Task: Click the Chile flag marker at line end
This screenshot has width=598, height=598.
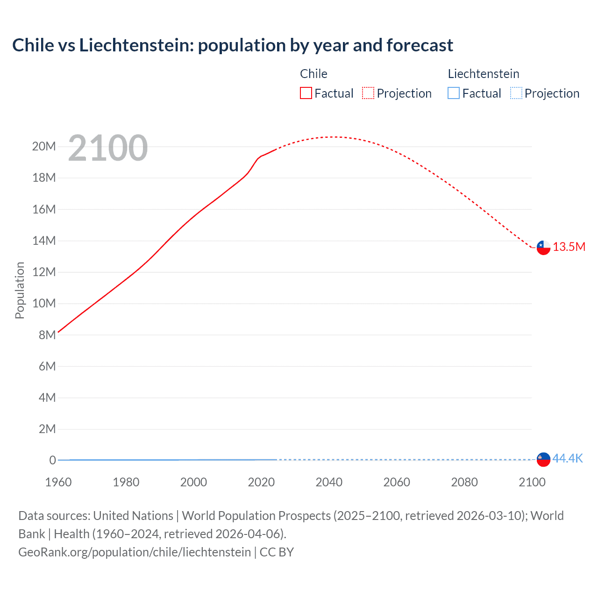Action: point(543,248)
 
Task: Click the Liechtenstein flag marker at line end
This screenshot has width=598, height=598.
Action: point(543,459)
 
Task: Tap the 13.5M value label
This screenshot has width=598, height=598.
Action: point(569,247)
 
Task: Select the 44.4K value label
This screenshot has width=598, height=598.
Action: point(568,458)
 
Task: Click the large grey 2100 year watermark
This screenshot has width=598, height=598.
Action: point(108,149)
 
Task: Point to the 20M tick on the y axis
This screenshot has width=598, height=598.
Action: point(44,147)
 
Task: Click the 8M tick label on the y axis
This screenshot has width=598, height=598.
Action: point(47,335)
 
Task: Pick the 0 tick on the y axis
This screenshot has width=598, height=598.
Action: point(52,460)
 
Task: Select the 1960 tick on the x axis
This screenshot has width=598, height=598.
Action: point(58,482)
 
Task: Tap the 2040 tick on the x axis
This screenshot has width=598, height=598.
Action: point(329,482)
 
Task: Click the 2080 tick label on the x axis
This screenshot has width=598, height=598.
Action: point(464,482)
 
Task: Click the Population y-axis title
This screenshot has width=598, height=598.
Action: point(20,290)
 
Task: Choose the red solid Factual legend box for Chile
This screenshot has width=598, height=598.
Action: point(306,93)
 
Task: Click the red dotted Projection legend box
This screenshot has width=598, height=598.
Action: point(368,93)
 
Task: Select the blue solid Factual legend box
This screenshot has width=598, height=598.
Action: point(454,93)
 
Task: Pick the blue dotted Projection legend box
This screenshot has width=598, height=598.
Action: point(516,93)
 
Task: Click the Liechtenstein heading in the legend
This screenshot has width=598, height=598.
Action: point(484,74)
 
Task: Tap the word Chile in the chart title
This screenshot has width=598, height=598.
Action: point(33,45)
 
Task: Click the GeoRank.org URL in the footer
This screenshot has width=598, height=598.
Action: point(135,552)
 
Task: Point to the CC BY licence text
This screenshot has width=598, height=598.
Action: point(277,552)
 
